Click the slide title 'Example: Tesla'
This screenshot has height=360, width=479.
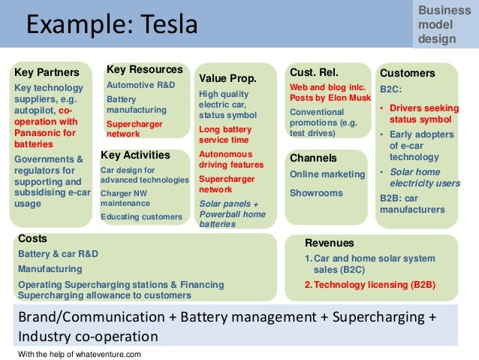113,25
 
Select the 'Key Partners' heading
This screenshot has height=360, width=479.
47,73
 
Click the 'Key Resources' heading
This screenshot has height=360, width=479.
145,69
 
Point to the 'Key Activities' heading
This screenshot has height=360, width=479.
135,156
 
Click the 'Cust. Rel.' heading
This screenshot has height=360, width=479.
315,72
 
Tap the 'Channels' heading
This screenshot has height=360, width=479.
313,159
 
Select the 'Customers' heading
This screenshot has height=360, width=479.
408,73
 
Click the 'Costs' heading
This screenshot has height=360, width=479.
32,238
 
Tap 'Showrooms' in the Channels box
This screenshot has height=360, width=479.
316,192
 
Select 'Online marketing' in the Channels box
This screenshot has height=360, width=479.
327,174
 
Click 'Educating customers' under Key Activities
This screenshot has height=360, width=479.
142,216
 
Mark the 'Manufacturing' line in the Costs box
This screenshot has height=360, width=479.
51,268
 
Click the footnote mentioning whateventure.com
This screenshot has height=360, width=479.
79,353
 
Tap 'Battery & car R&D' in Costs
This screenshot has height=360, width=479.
59,253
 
